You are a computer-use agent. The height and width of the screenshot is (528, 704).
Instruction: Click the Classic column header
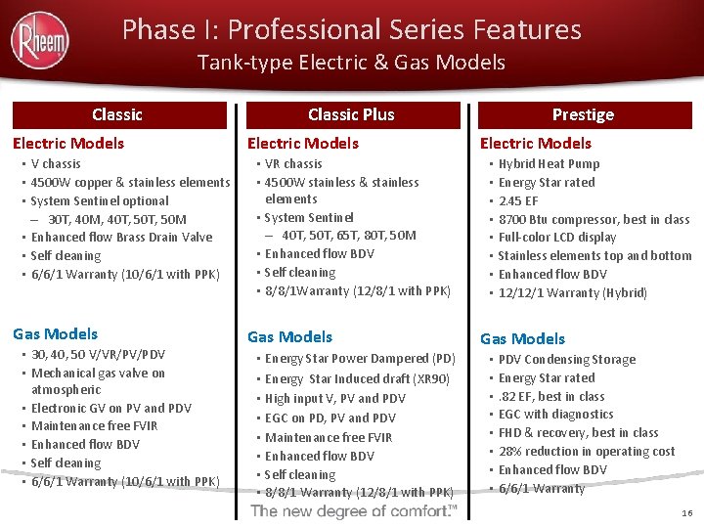117,114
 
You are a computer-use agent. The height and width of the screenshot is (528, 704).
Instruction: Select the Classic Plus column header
351,114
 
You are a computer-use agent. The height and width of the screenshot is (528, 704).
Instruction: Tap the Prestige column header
583,114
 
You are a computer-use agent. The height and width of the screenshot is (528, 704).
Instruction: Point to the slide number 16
684,511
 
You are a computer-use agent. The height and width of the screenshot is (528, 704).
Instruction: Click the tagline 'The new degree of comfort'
354,511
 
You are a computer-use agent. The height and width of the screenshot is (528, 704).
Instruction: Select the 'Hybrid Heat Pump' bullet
549,164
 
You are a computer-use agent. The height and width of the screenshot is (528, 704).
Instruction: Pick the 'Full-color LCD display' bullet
557,238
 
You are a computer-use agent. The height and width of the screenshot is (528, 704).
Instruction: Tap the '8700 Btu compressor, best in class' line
594,219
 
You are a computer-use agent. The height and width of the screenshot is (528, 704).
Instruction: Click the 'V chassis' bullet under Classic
56,164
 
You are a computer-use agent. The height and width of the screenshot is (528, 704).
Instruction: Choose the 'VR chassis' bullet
293,164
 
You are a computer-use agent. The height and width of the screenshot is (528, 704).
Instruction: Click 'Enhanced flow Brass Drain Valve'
121,238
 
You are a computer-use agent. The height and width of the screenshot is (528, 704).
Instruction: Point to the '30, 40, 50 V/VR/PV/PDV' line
98,355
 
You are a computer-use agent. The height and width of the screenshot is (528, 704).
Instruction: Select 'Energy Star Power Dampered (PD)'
360,359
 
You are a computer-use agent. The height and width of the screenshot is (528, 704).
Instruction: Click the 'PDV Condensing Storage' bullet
566,360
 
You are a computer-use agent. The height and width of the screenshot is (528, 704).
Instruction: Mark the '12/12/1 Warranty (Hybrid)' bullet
572,292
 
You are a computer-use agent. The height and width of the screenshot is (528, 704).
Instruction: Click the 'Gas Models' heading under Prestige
522,338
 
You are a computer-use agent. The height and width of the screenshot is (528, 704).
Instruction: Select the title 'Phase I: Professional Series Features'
351,29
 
